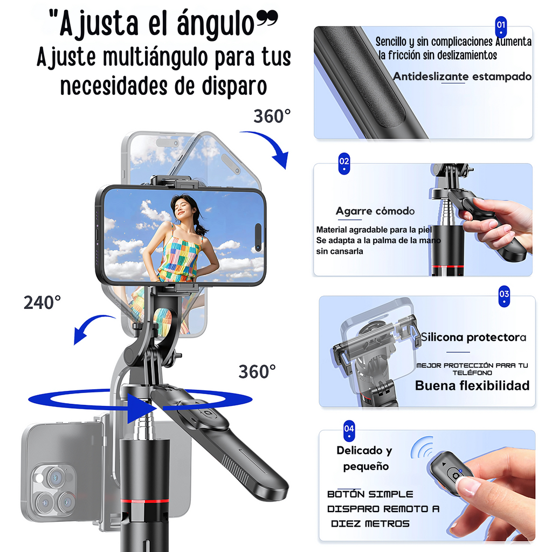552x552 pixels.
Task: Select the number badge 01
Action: point(501,25)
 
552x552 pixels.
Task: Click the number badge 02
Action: point(344,162)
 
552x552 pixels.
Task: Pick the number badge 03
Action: point(504,295)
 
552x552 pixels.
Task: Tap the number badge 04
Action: point(349,429)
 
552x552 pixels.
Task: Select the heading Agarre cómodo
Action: point(375,211)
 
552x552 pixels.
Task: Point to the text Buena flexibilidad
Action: point(472,385)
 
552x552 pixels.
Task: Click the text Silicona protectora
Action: point(473,337)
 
